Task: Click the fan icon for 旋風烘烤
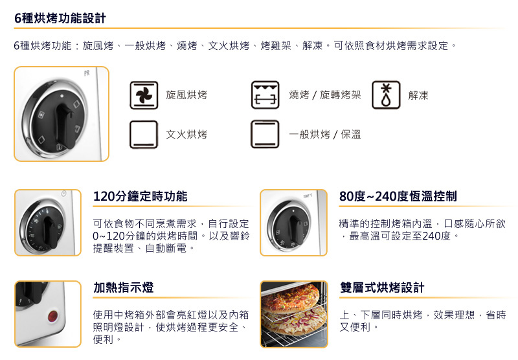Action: coord(144,95)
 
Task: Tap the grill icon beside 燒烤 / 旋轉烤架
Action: coord(265,95)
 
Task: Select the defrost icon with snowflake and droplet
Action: coord(386,95)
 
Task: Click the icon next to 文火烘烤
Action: coord(144,135)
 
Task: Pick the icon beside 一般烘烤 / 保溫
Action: coord(265,134)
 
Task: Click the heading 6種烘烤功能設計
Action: coord(60,18)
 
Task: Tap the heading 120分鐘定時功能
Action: coord(141,196)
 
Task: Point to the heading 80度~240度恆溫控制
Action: coord(398,196)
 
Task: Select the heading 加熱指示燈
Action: coord(124,287)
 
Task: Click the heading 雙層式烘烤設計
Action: coord(382,287)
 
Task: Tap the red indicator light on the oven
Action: coord(53,316)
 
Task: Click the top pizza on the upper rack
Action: coord(291,297)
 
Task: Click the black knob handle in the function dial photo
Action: coord(65,126)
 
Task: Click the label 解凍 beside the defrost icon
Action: coord(418,95)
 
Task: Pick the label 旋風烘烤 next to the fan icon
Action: coord(186,95)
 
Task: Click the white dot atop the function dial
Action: coord(62,96)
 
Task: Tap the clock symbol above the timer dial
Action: coord(63,194)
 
